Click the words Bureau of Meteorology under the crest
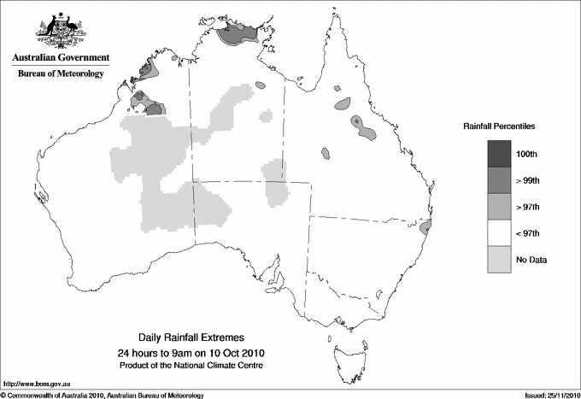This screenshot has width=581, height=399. coord(61,73)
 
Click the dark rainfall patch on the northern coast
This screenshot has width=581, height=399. coord(238,34)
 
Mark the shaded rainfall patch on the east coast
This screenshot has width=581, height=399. coord(428,227)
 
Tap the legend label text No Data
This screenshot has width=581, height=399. coord(531,260)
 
